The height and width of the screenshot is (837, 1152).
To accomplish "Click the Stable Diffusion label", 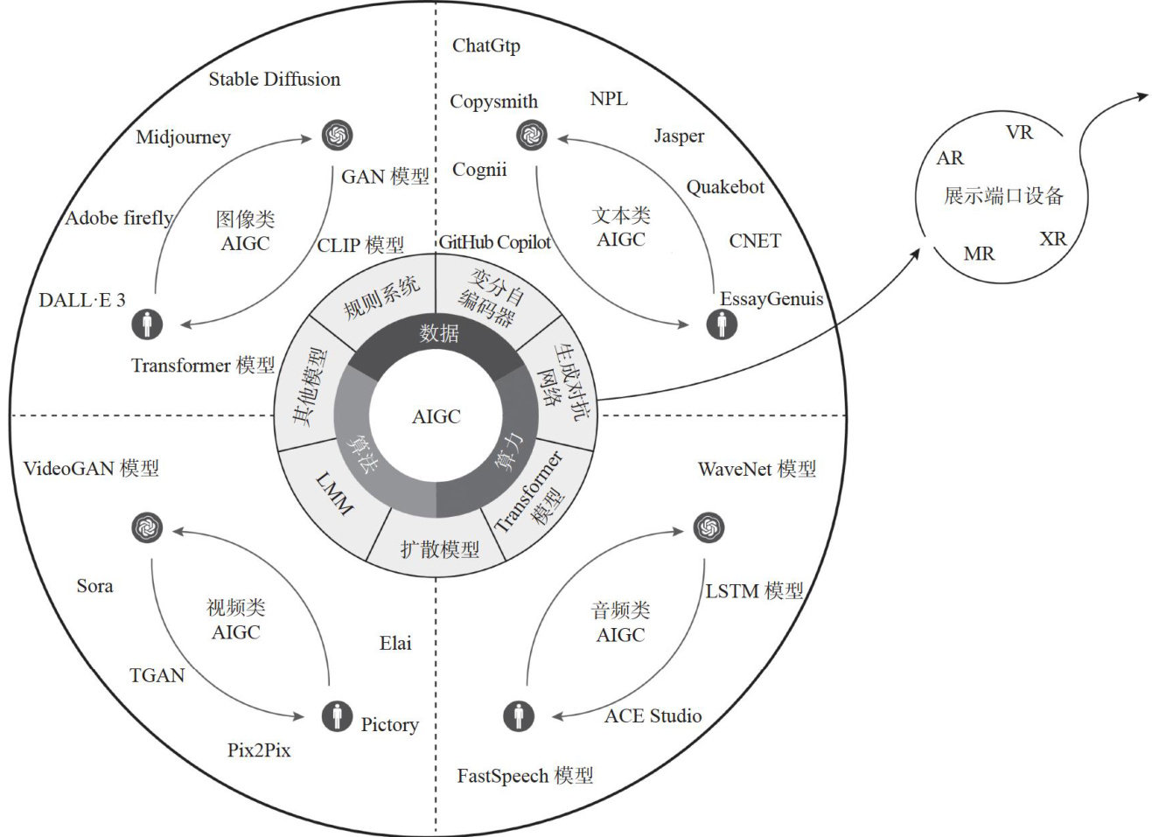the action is pos(274,80).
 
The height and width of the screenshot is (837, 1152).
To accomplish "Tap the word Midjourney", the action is pos(183,137).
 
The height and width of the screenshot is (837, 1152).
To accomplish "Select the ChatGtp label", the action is pos(485,45).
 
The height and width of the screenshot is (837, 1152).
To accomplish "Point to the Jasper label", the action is pos(679,136).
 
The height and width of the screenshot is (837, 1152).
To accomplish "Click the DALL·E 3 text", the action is pos(82,300).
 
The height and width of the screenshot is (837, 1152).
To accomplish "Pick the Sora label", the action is pos(94,586).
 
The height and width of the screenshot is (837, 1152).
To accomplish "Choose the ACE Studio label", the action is pos(653,716).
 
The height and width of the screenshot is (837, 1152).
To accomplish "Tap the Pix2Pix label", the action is pos(259,750).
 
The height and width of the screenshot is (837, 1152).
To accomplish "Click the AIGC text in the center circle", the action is pos(436,416).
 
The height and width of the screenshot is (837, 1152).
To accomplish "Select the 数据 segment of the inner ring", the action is pos(438,333).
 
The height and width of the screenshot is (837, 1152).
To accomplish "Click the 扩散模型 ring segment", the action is pos(439,549).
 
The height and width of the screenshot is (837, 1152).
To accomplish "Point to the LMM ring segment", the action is pos(335,494).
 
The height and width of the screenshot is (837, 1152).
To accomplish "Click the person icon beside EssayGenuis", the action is pos(722,325).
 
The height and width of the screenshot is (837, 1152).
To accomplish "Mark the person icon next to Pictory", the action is pos(337,715).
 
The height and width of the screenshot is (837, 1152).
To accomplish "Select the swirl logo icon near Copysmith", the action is pos(532,136).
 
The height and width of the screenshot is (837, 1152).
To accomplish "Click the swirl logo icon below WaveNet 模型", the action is pos(708,527).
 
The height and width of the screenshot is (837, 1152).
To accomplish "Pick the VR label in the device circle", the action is pos(1019,133).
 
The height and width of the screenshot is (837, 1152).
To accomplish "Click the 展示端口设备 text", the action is pos(1003,196).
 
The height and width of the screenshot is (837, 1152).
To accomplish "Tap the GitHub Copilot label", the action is pos(494,242).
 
